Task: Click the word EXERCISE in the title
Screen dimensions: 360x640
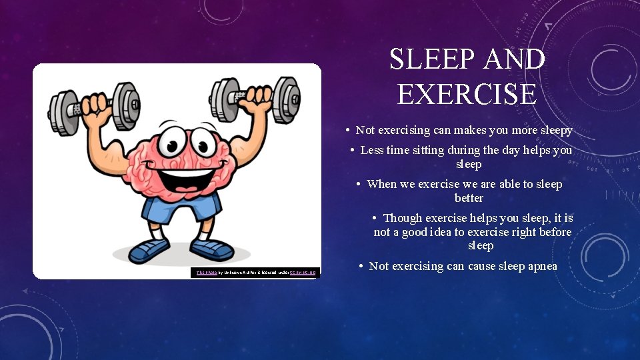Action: pyautogui.click(x=467, y=93)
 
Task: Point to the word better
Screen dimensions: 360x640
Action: pyautogui.click(x=469, y=198)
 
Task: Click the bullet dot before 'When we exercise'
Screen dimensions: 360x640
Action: pyautogui.click(x=359, y=184)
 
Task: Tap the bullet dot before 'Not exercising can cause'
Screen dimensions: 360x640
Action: pyautogui.click(x=361, y=266)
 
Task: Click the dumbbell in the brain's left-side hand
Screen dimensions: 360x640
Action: pyautogui.click(x=94, y=105)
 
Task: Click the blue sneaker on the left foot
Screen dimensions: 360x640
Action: pyautogui.click(x=150, y=251)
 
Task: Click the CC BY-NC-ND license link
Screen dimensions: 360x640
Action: pyautogui.click(x=303, y=273)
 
